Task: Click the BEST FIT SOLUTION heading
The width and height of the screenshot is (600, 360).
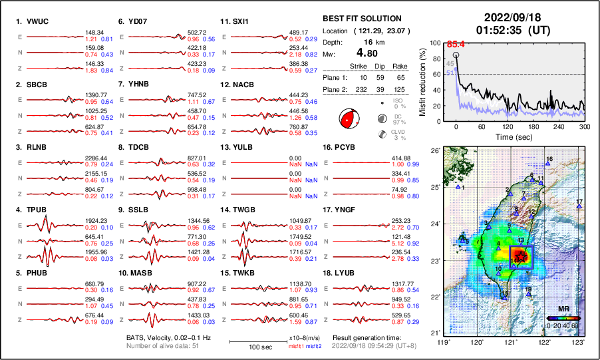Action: (x=361, y=19)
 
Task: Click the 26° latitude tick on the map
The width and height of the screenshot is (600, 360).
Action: (x=436, y=151)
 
